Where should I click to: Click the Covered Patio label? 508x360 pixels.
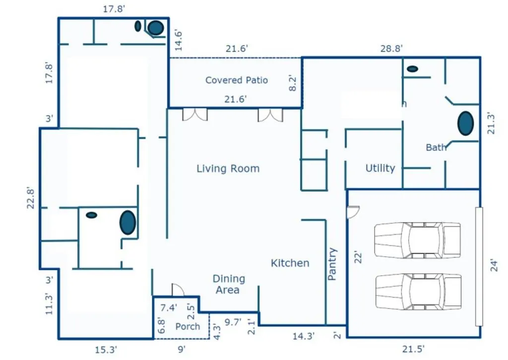point(237,80)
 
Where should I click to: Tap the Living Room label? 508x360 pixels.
point(228,169)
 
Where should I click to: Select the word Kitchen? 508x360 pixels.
point(290,263)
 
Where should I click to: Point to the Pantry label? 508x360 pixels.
point(332,264)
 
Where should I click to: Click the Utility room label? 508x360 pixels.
point(381,168)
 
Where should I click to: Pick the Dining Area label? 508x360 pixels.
point(229,284)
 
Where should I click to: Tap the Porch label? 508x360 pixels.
point(188,326)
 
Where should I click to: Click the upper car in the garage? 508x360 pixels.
point(418,240)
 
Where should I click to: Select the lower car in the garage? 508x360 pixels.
point(418,291)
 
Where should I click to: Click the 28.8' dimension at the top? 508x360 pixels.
point(391,49)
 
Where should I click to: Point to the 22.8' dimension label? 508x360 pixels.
point(31,198)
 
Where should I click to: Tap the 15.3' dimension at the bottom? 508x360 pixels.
point(106,350)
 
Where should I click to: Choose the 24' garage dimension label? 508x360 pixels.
point(494,265)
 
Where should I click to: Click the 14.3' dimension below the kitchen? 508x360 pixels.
point(304,336)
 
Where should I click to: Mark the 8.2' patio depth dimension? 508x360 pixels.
point(292,83)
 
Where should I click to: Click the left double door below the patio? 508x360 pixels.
point(195,115)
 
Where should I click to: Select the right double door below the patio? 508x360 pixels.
point(270,115)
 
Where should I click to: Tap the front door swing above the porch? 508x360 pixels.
point(178,290)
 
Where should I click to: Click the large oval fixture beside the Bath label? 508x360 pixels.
point(465,123)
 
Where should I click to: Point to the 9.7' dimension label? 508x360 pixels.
point(233,322)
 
